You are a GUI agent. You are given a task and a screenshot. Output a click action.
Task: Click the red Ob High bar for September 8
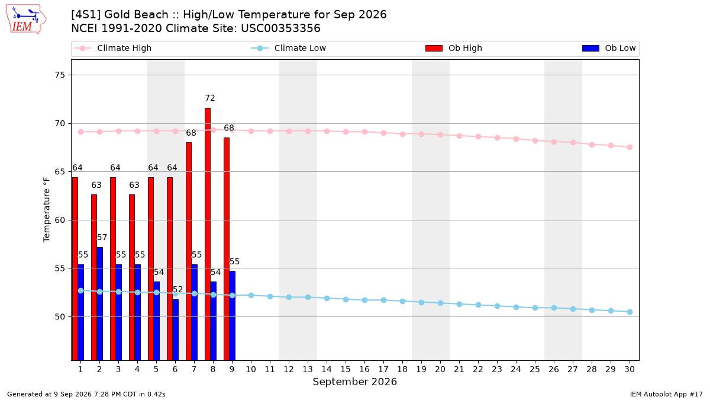coord(208,234)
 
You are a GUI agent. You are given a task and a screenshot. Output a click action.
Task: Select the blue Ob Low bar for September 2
coord(100,304)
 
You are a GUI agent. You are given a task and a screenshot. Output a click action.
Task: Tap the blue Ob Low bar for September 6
coord(176,330)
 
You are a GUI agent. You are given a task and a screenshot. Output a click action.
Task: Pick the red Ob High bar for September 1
coord(75,269)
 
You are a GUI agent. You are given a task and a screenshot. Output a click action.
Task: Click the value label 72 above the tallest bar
coord(210,98)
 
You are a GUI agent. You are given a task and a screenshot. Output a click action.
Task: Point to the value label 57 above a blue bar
coord(102,238)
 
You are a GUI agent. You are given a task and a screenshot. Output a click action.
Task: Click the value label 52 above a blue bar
coord(177,290)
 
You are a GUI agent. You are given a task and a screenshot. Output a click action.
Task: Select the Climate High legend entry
coord(112,48)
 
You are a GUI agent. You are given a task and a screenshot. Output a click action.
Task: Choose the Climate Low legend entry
coord(289,48)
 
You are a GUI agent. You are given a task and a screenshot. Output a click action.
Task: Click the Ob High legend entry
coord(454,48)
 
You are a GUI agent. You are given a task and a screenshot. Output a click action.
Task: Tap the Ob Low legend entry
coord(609,48)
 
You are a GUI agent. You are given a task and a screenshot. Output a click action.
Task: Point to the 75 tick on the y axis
coord(60,75)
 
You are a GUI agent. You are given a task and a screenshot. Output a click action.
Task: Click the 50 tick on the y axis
coord(60,317)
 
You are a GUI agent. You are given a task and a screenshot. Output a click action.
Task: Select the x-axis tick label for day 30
coord(630,369)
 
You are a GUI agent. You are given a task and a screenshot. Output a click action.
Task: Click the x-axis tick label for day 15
coord(346,369)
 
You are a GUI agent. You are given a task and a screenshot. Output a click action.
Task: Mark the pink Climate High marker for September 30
coord(630,148)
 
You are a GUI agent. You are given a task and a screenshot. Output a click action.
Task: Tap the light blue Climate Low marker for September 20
coord(440,303)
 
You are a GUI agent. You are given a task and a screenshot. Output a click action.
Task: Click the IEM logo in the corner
coord(26,20)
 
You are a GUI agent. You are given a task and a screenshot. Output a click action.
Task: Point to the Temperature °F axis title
coord(46,210)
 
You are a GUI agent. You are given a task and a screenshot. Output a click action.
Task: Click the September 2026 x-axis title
coord(354,382)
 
